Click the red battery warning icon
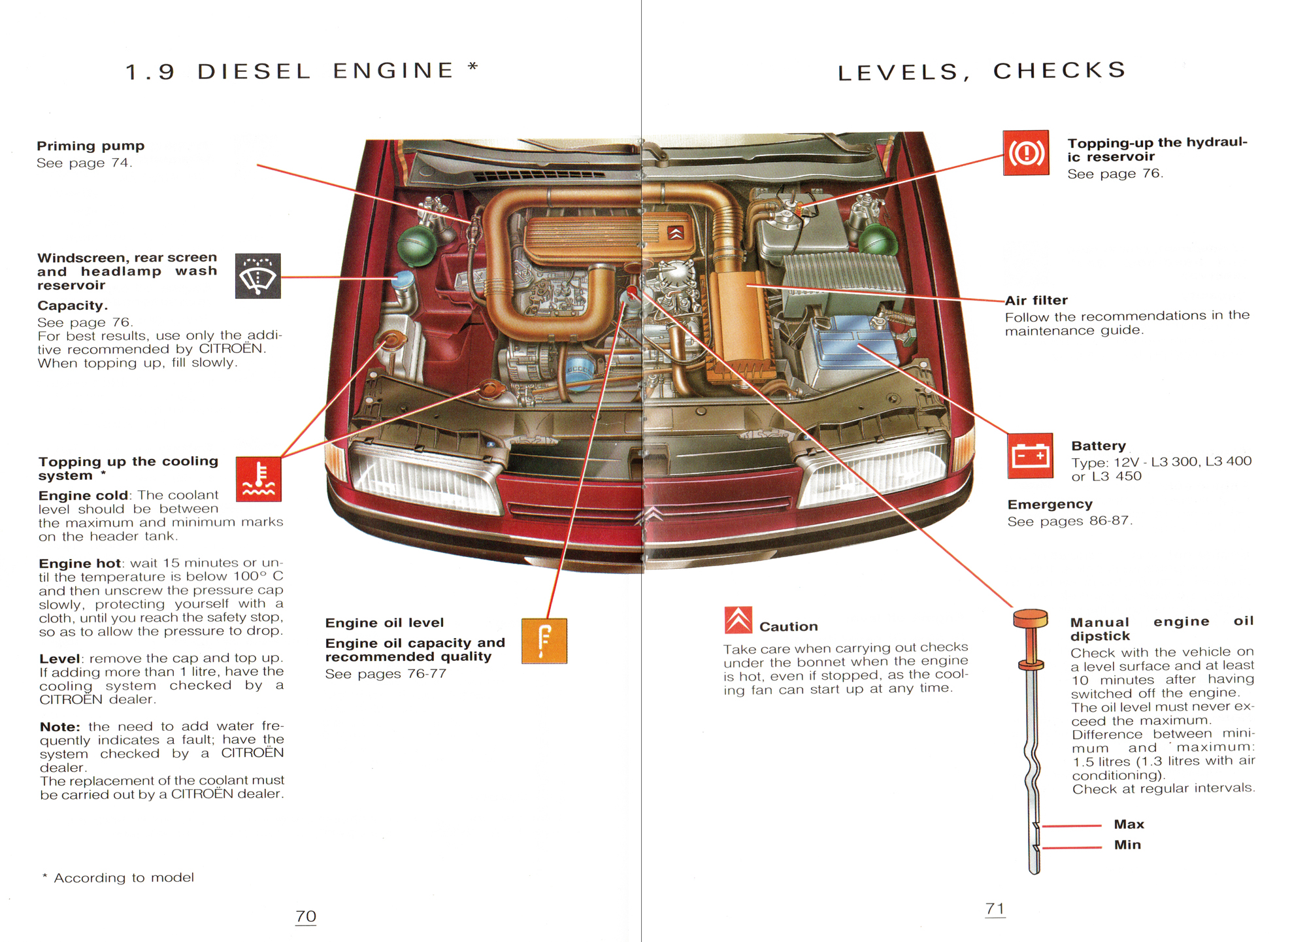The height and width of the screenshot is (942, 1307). [1030, 456]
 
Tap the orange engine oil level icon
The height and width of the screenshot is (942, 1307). [544, 641]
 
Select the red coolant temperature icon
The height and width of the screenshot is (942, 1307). [259, 479]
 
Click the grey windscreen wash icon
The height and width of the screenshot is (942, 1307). [258, 276]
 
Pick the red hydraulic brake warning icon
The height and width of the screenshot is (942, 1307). [1026, 153]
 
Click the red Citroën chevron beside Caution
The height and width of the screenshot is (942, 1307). [738, 620]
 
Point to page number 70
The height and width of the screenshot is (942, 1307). [306, 916]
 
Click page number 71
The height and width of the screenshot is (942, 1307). [995, 908]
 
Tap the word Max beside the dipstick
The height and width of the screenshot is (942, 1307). [1129, 824]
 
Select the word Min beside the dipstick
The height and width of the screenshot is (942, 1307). [1127, 845]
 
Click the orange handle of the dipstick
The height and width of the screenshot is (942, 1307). [1031, 618]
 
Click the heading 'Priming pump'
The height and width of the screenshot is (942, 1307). [90, 146]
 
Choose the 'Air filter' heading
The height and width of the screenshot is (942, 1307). [1036, 300]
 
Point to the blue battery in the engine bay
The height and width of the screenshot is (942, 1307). [850, 343]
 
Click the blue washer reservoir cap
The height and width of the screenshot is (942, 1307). [403, 280]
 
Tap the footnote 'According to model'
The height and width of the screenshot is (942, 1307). [123, 877]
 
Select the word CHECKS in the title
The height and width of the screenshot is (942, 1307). [1059, 71]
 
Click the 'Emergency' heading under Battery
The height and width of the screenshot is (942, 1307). [1050, 504]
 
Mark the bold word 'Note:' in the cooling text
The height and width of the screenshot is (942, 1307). [59, 726]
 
